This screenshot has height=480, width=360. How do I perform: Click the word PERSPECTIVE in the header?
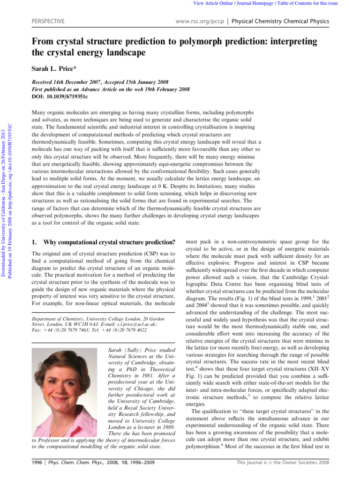[47, 22]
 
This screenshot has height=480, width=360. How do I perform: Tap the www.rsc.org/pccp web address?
[199, 22]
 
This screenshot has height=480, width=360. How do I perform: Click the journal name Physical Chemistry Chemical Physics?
[280, 22]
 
